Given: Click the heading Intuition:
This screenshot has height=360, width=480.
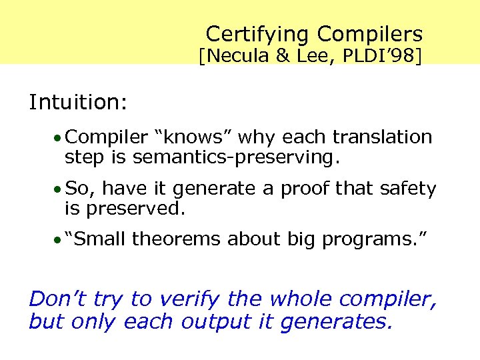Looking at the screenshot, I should click(78, 102).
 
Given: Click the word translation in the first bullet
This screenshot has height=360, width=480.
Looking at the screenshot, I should click(383, 137).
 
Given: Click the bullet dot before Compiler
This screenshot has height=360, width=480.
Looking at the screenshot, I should click(59, 139).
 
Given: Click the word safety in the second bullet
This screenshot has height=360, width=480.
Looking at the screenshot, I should click(408, 189).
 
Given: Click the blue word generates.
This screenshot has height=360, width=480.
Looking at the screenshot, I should click(337, 323).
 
